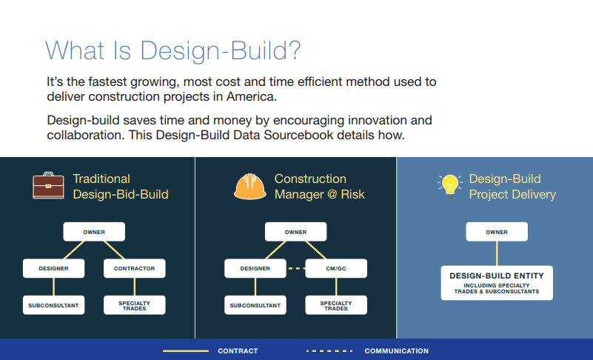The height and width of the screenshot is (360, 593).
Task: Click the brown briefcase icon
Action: click(x=48, y=185)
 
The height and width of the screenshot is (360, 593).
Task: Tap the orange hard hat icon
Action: click(x=250, y=186)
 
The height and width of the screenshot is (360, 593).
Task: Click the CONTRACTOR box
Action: click(x=134, y=268)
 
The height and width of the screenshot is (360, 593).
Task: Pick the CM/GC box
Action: click(x=336, y=268)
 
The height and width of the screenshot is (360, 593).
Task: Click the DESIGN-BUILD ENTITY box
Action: click(x=497, y=283)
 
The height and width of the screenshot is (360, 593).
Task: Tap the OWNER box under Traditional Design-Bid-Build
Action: click(x=94, y=232)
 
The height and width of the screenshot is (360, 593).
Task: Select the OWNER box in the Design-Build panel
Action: click(x=497, y=232)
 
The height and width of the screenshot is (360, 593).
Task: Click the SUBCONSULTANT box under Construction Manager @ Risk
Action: click(x=255, y=305)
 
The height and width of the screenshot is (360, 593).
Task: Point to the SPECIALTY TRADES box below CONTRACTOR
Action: click(x=134, y=305)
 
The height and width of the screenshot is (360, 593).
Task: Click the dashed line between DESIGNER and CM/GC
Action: click(x=295, y=268)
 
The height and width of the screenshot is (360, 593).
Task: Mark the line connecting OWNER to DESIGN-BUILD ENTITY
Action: click(x=497, y=253)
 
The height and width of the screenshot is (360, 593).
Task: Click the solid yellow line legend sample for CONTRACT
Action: click(x=186, y=351)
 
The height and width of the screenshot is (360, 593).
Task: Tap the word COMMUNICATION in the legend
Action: click(x=396, y=351)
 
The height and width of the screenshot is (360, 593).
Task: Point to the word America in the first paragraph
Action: click(x=252, y=96)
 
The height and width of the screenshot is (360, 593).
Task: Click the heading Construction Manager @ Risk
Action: click(x=320, y=186)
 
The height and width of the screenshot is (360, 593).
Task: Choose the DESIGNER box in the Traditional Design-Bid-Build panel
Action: click(x=54, y=268)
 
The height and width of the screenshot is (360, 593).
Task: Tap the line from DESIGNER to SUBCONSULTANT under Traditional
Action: click(x=54, y=287)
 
